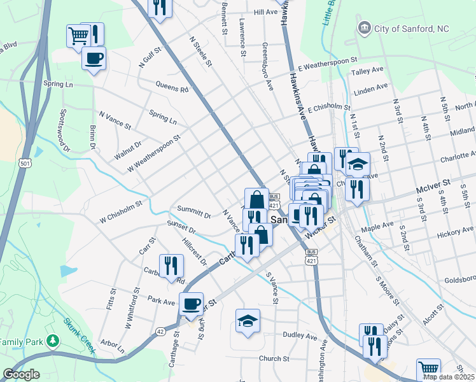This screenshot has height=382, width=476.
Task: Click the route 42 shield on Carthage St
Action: point(160,331)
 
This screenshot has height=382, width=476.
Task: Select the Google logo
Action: point(21,374)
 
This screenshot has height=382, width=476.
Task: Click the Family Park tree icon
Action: point(53,341)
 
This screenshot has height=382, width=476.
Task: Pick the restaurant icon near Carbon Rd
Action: point(171,265)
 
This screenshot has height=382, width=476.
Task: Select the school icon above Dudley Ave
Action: point(248,320)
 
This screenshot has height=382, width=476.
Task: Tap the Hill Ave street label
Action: point(265,12)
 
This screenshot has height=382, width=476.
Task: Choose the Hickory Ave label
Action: point(456,234)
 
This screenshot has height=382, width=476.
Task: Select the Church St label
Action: point(274,358)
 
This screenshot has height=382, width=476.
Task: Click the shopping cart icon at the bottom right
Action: point(429,369)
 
